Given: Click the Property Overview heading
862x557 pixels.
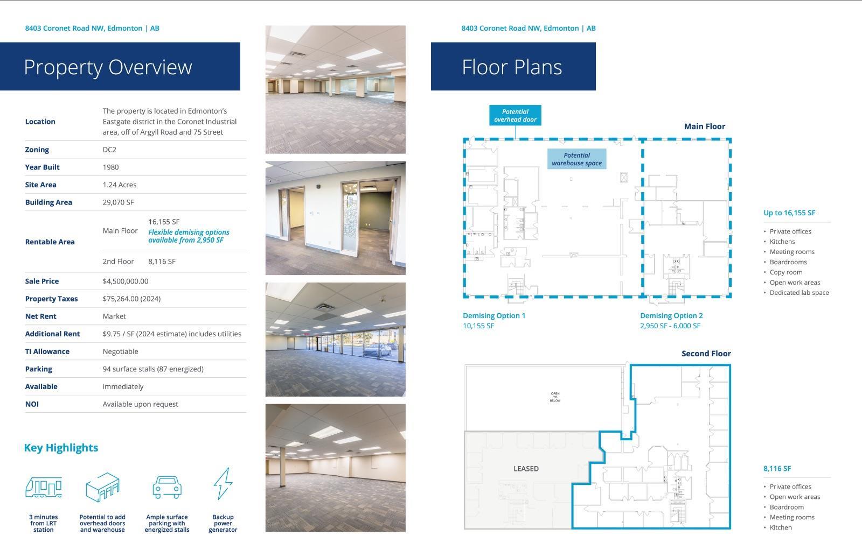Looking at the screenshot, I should tap(108, 67).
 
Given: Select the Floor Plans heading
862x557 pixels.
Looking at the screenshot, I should tap(512, 67).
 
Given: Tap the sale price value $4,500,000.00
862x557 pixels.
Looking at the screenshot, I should tap(126, 281).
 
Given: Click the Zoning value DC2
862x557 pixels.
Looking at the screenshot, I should tap(109, 150).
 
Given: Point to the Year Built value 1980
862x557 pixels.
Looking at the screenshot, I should tap(110, 167).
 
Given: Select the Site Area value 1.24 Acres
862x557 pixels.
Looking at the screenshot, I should tap(120, 185).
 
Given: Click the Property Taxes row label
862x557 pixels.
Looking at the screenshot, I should tap(51, 299).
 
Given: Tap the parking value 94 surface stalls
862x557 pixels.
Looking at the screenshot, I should tap(153, 369).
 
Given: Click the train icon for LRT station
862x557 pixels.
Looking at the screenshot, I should tap(44, 488).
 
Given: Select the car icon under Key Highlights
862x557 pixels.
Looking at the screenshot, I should tap(167, 487).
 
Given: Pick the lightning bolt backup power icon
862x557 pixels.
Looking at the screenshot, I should tap(223, 484).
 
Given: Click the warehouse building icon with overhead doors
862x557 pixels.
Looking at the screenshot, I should tap(102, 487).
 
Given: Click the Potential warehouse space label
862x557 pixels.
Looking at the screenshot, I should tap(576, 159).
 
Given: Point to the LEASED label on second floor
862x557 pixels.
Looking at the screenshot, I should tap(526, 469).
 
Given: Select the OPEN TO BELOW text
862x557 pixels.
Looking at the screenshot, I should tap(555, 397).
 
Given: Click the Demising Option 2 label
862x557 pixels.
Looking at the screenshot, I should tap(671, 316).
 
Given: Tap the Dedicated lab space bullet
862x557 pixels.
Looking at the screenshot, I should tap(799, 293).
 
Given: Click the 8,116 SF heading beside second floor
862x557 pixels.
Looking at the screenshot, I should tap(777, 469).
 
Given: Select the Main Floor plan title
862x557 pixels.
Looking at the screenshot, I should tap(704, 126).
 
